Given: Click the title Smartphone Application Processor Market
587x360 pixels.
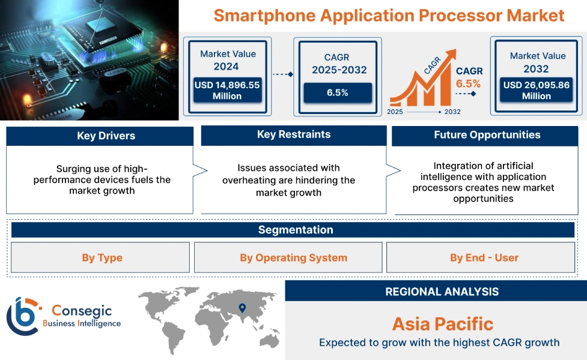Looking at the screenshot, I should pyautogui.click(x=389, y=15).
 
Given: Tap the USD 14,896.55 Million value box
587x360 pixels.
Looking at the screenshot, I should pyautogui.click(x=227, y=91).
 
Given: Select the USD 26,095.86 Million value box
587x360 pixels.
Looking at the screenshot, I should pyautogui.click(x=536, y=91).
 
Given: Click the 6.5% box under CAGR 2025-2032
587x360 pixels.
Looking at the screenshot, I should pyautogui.click(x=337, y=92).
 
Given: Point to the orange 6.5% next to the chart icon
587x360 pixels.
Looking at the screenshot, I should pyautogui.click(x=468, y=83).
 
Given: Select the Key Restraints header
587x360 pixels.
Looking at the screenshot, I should pyautogui.click(x=293, y=134).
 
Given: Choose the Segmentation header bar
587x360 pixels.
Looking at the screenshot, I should pyautogui.click(x=295, y=230).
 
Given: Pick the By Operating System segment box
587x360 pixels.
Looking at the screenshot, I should pyautogui.click(x=293, y=258).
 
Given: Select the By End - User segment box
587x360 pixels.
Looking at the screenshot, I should pyautogui.click(x=484, y=258).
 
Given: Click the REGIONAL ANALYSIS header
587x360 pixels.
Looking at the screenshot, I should pyautogui.click(x=442, y=292).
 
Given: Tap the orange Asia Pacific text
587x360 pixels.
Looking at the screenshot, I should pyautogui.click(x=442, y=324).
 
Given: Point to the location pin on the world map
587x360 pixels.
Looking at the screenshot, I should pyautogui.click(x=242, y=308).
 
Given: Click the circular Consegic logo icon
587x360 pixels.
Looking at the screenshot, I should pyautogui.click(x=23, y=316).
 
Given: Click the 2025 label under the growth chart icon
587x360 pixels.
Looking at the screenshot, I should pyautogui.click(x=395, y=112).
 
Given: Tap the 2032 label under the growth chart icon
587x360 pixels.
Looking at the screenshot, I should pyautogui.click(x=452, y=112).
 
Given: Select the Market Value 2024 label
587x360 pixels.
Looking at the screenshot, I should pyautogui.click(x=228, y=60).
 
